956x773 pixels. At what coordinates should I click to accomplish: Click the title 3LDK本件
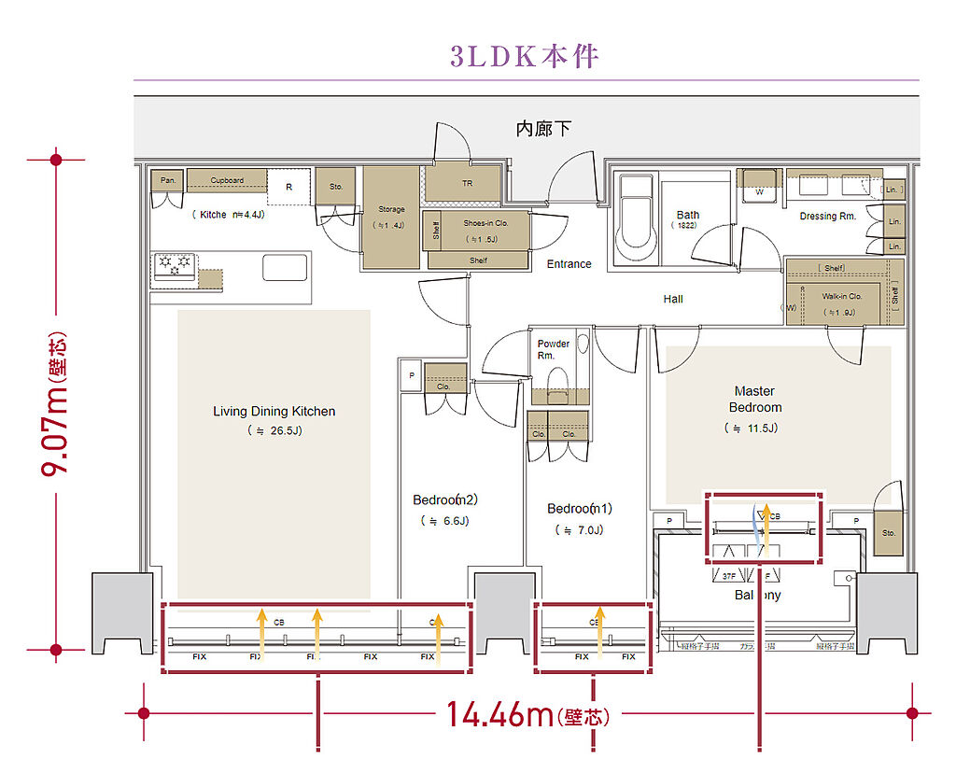tap(524, 56)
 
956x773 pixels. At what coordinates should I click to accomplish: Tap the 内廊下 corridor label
tap(543, 129)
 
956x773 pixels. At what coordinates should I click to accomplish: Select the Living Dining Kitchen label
tap(274, 411)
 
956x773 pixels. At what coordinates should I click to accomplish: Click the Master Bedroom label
tap(755, 400)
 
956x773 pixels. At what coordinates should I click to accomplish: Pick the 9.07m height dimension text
tap(56, 404)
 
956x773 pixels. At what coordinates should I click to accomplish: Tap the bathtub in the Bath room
tap(639, 220)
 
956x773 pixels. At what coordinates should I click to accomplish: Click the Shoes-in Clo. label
tap(486, 223)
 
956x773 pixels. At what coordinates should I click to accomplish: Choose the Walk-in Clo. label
tap(841, 297)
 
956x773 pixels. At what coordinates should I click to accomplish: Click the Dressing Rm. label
tap(827, 217)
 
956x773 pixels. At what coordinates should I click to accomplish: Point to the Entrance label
tap(569, 264)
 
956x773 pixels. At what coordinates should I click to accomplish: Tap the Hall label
tap(673, 299)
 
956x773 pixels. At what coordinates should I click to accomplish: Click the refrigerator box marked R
tap(288, 187)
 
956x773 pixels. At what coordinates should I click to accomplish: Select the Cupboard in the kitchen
tap(227, 180)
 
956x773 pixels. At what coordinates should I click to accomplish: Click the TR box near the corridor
tap(468, 184)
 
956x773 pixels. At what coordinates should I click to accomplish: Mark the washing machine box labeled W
tap(759, 185)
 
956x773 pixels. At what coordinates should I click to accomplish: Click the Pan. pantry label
tap(168, 180)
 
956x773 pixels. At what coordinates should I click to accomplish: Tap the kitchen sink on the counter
tap(285, 267)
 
